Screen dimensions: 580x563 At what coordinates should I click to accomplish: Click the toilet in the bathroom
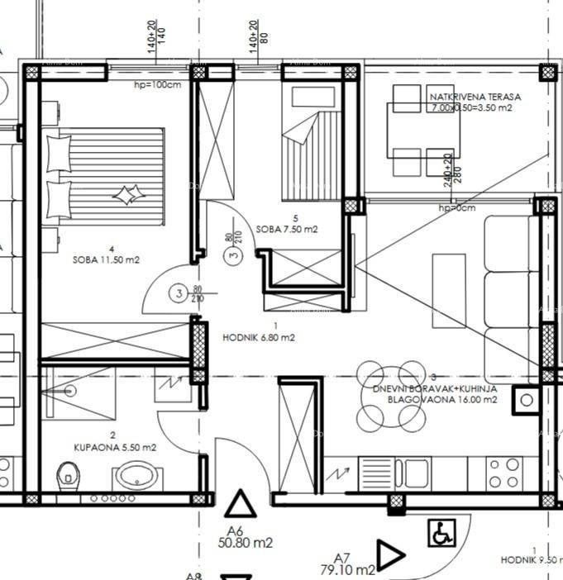coord(67,474)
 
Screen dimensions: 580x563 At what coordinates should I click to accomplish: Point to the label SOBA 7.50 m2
coord(287,229)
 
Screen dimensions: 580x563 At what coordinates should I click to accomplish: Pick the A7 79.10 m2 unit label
coord(347,563)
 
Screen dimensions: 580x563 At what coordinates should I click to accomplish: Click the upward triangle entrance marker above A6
coord(241,504)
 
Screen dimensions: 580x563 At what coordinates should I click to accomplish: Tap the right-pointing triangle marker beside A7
coord(389,554)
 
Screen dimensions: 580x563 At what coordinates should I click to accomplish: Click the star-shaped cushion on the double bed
coord(126,196)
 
